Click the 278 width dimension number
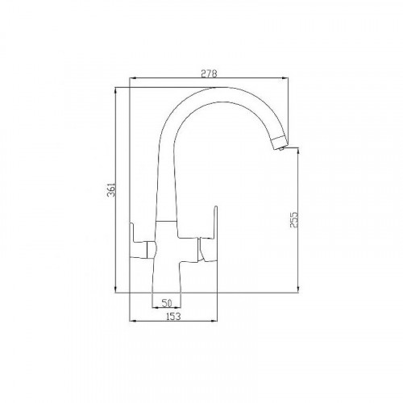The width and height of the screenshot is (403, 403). tap(210, 73)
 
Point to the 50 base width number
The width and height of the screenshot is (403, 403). tap(167, 302)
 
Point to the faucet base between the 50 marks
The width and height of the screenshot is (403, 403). tap(167, 286)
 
